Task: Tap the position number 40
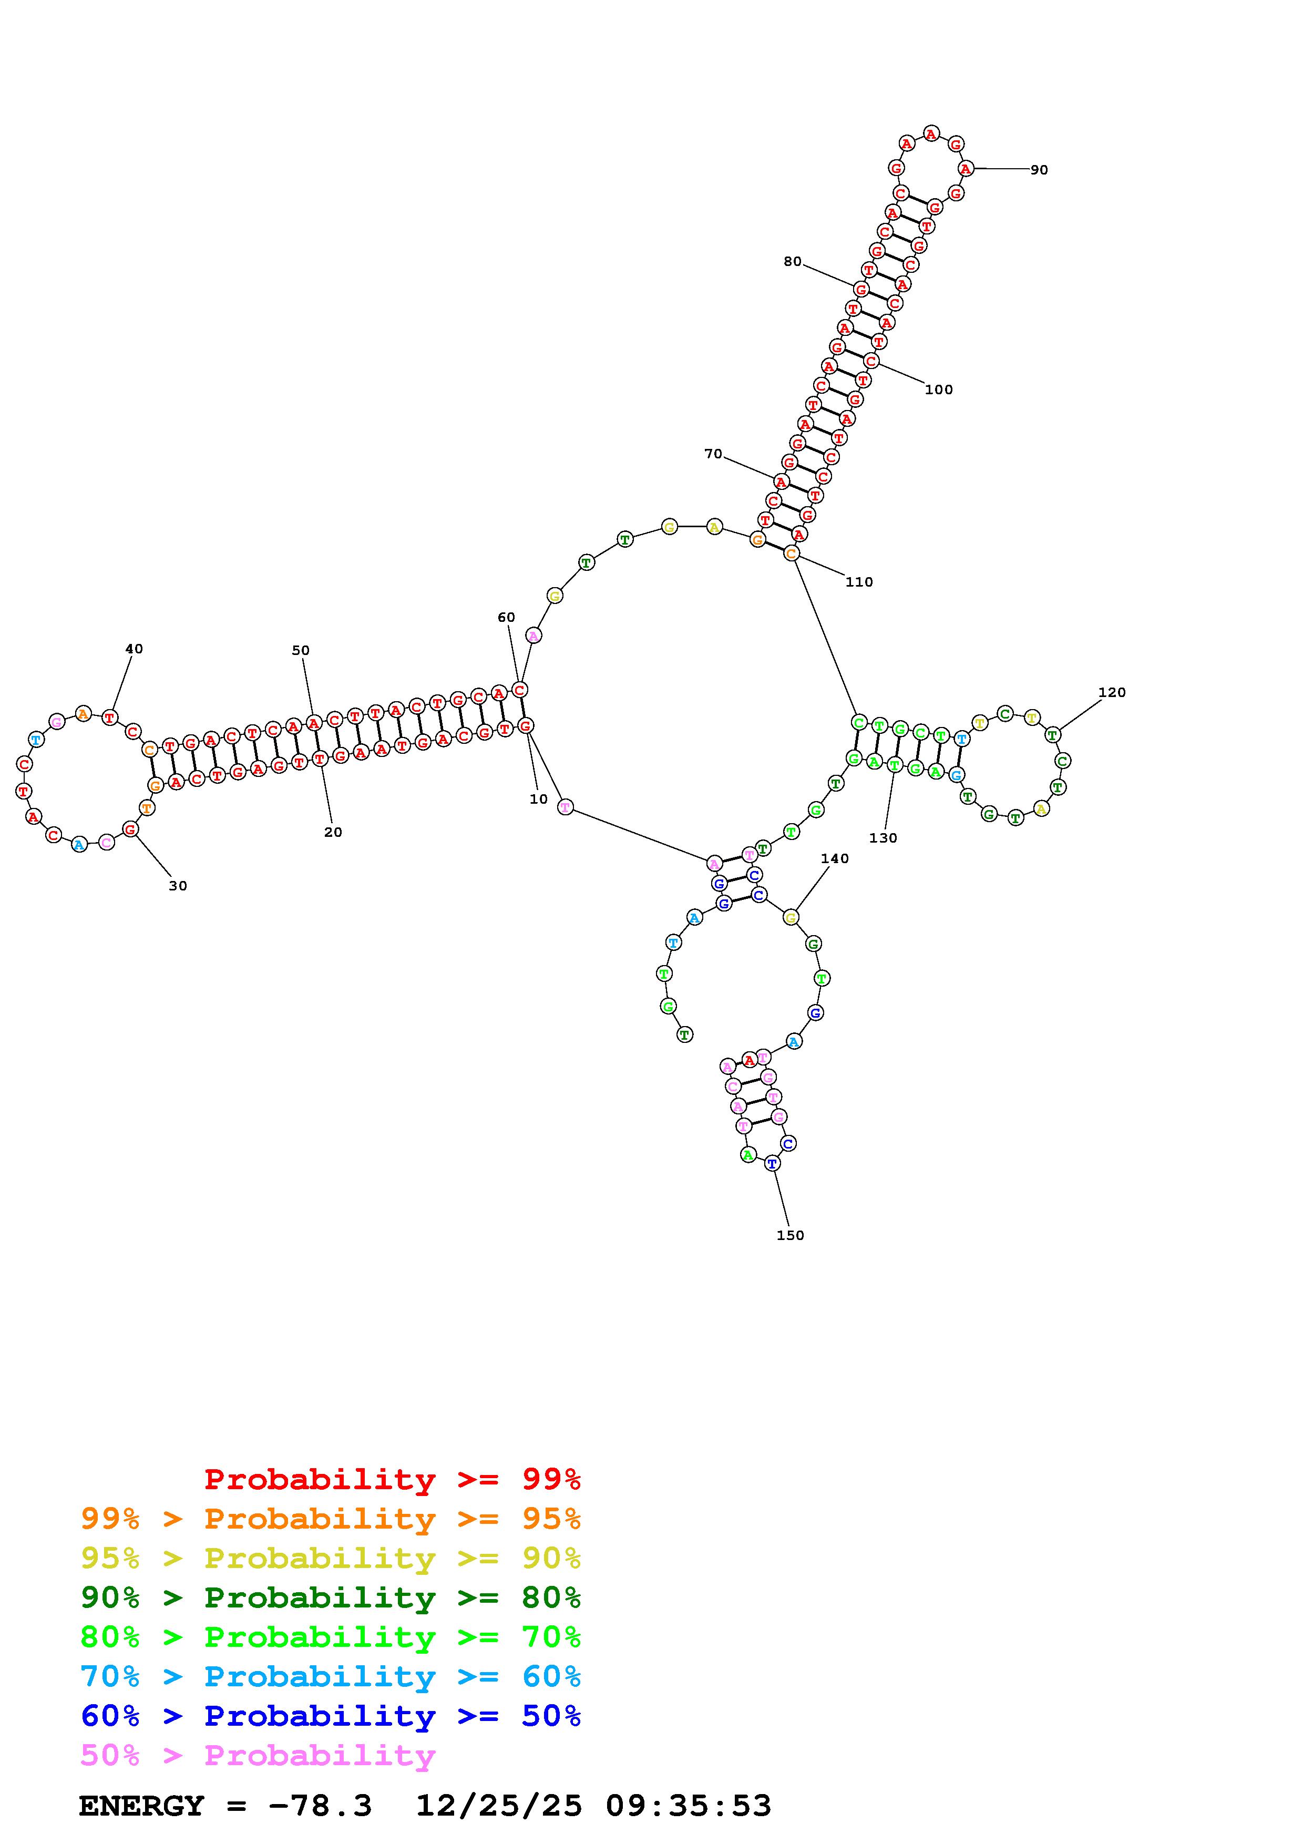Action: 134,649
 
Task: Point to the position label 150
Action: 790,1235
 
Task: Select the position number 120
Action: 1112,692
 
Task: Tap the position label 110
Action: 859,582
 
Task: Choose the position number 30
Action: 178,886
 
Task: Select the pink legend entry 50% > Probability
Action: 258,1756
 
